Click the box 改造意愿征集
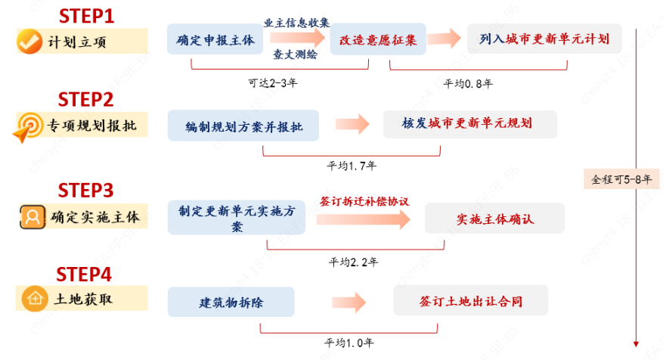[378, 39]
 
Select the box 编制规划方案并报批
[243, 126]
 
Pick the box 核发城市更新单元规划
[469, 124]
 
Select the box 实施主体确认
[495, 219]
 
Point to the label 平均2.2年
[353, 262]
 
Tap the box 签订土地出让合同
[470, 301]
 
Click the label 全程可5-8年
[622, 180]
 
